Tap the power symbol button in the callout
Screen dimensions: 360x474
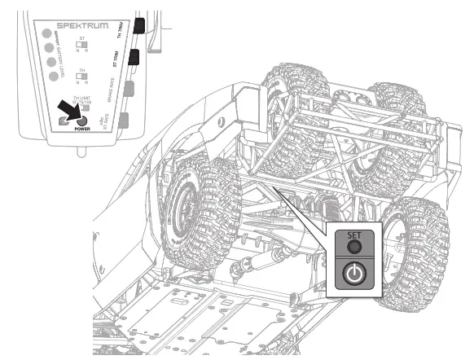tap(353, 274)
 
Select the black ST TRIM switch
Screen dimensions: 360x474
tap(134, 58)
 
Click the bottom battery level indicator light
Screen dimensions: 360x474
tap(55, 77)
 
